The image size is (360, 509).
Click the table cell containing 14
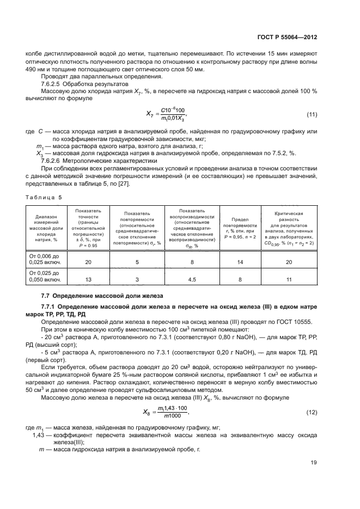(240, 262)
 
